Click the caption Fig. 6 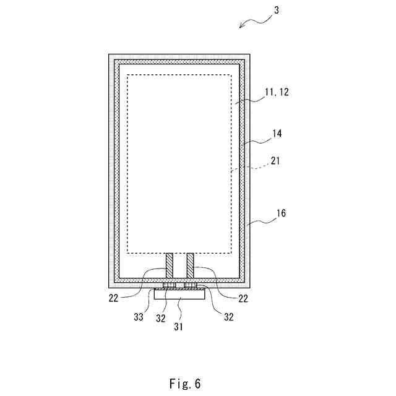pyautogui.click(x=185, y=384)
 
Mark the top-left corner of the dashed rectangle pyautogui.click(x=127, y=75)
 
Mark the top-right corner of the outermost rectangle pyautogui.click(x=251, y=54)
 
